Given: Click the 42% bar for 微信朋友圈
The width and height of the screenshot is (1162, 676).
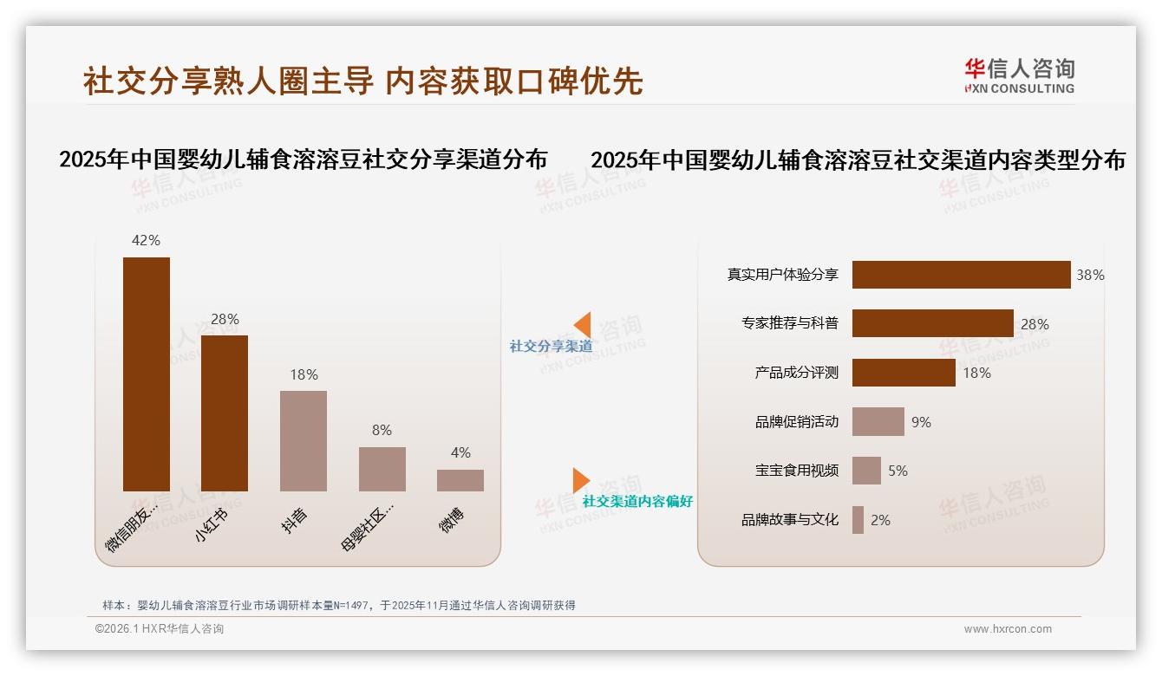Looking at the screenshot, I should [x=147, y=374].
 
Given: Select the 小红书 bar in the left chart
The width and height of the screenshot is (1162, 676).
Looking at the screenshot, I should [x=225, y=413].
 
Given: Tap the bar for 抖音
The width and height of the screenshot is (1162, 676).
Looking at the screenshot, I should [x=304, y=440].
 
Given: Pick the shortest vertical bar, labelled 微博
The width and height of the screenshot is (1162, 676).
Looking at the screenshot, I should [x=460, y=480].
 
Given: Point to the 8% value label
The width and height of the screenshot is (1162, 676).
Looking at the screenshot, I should [x=382, y=430].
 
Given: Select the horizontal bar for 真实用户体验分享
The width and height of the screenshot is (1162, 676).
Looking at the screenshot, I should [x=961, y=275].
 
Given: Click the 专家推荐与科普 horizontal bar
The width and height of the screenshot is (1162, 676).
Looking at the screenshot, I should [x=932, y=323].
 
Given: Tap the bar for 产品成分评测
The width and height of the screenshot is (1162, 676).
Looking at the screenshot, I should [x=904, y=373].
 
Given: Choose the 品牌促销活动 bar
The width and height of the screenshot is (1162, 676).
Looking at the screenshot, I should [x=878, y=422].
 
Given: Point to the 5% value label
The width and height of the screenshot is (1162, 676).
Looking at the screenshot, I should [x=898, y=471].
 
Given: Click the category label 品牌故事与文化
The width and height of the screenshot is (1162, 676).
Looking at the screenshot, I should [x=790, y=520].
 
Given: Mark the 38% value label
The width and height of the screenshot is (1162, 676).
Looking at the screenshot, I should [x=1090, y=275].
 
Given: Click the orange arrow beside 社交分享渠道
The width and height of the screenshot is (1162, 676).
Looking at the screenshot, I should [x=582, y=325].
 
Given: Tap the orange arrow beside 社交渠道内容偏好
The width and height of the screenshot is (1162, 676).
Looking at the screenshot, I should [x=581, y=480].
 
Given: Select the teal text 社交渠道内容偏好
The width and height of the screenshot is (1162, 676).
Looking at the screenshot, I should [x=637, y=501].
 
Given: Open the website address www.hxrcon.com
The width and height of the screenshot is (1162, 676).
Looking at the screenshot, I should [x=1008, y=629].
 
